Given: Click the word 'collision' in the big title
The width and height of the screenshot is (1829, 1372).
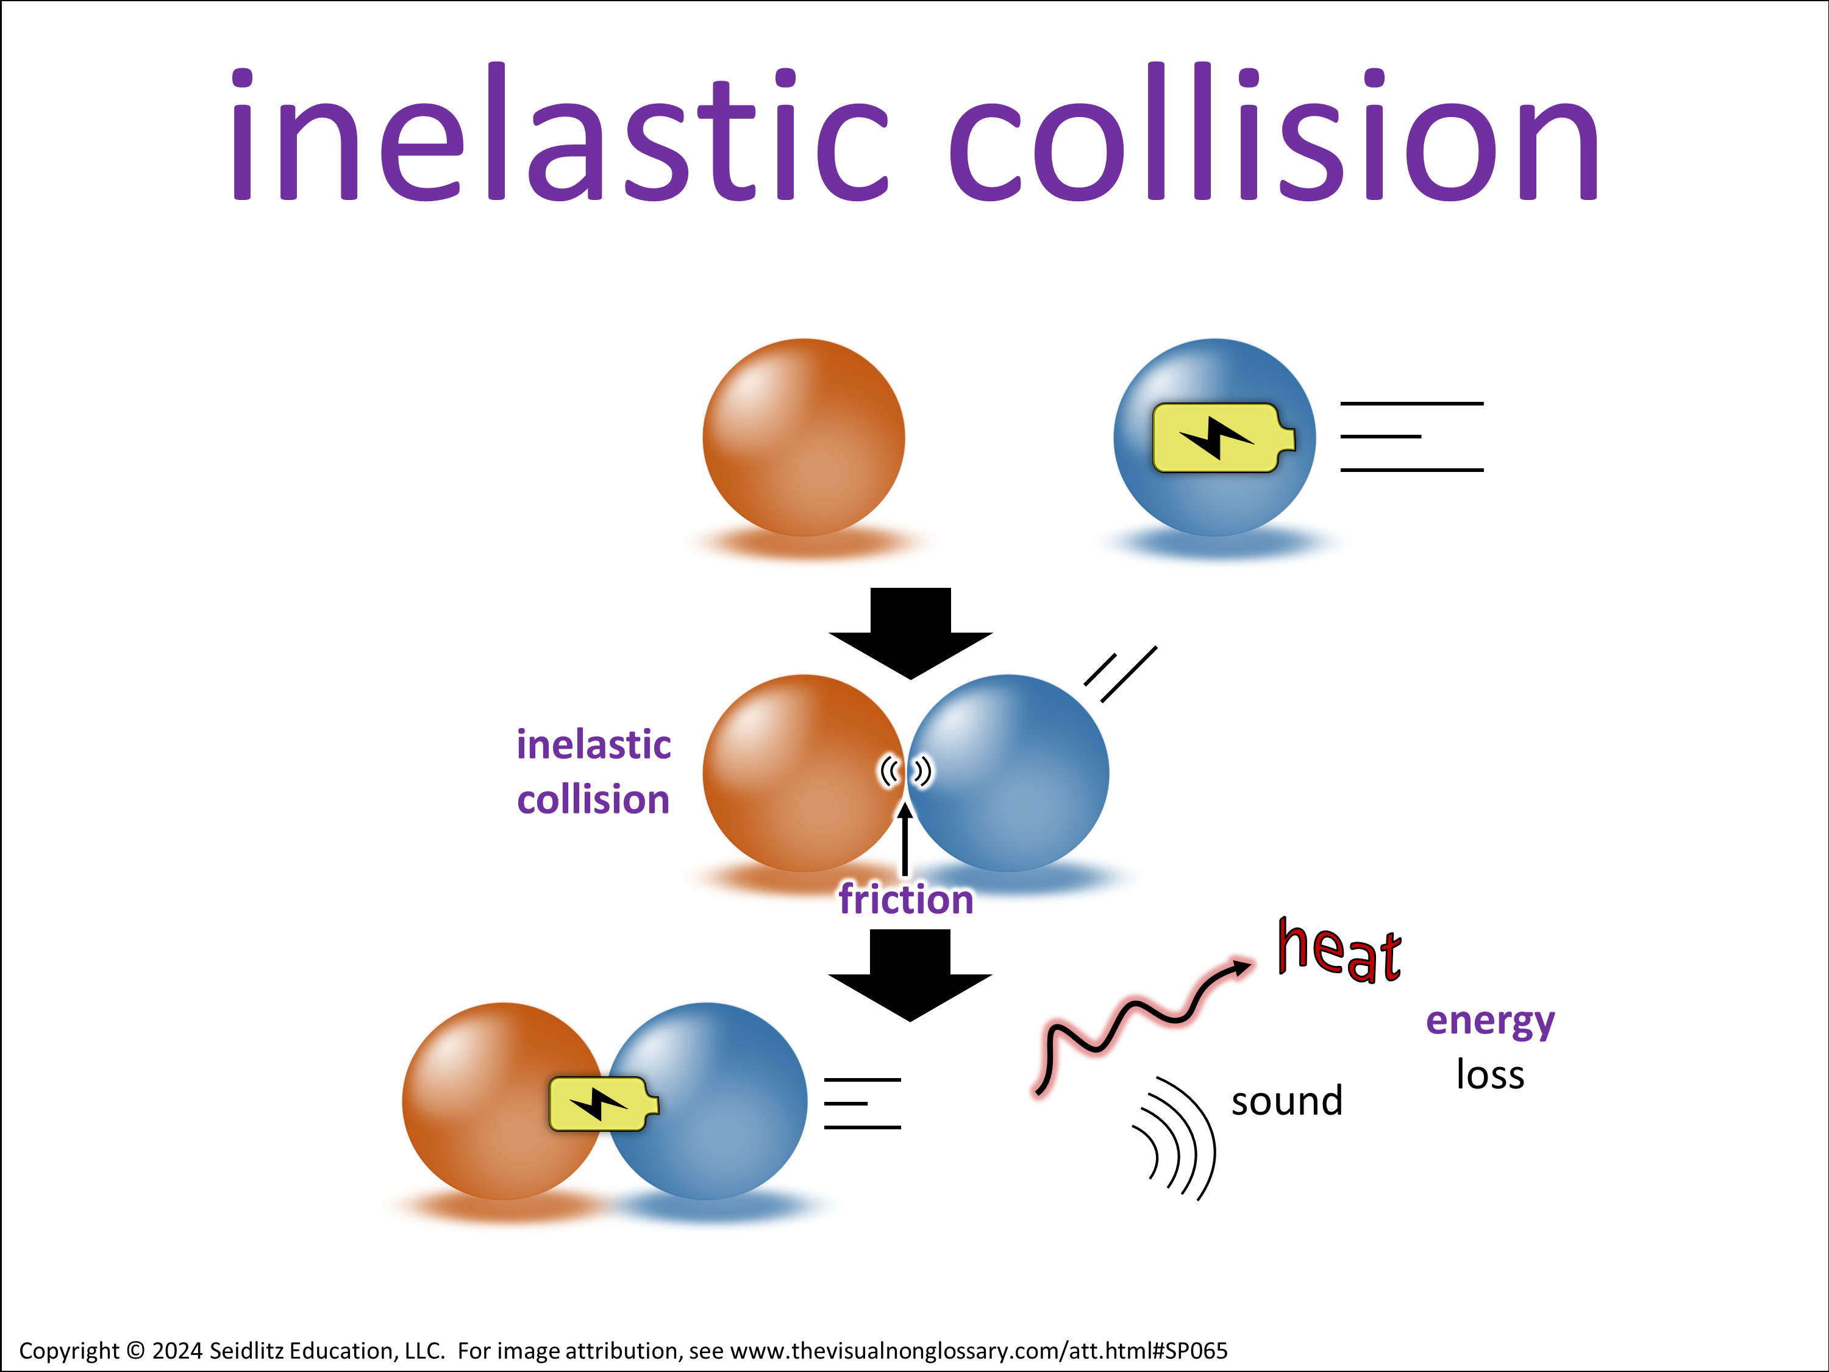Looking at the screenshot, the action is click(1274, 132).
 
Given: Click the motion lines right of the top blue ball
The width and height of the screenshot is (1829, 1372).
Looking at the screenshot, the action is click(1411, 437).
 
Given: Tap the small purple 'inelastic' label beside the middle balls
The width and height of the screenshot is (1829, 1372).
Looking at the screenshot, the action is click(594, 745).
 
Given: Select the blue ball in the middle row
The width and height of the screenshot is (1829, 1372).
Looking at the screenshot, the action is click(1008, 773).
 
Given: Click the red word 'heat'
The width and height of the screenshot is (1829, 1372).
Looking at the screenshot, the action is click(1339, 951).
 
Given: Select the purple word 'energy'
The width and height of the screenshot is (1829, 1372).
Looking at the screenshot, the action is click(1490, 1022).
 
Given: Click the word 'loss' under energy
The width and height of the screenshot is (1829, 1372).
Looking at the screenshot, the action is click(1490, 1074).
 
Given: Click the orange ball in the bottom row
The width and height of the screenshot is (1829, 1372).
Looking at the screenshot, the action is click(503, 1102).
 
